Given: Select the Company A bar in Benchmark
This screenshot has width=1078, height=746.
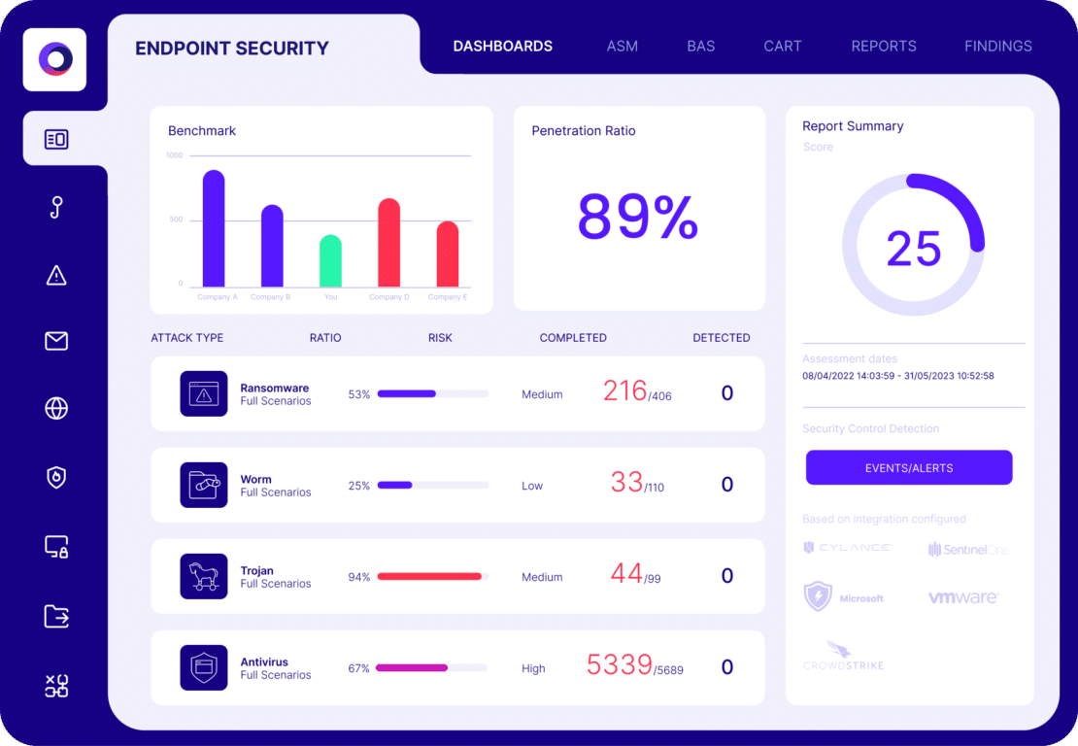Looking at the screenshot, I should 214,229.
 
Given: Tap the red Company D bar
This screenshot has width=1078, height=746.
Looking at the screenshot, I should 388,243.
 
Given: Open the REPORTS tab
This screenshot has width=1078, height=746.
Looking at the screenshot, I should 883,46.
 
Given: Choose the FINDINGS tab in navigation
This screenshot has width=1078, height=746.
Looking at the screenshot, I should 997,46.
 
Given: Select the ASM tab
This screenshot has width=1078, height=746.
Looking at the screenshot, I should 622,46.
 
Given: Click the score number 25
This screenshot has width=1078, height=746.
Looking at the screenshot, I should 913,249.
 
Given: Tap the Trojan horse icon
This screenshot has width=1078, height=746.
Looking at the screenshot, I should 204,576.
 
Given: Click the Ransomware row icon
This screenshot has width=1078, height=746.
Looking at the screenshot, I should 204,393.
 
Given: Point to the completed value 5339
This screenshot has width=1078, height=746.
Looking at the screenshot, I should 619,665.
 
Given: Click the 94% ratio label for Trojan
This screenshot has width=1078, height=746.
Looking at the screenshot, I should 358,577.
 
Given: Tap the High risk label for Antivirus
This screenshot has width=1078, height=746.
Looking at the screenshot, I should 533,668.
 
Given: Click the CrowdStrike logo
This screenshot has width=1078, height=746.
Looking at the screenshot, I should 843,656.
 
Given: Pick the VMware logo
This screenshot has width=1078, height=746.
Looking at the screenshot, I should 962,598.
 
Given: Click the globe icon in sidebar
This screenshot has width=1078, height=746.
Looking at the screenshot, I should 56,409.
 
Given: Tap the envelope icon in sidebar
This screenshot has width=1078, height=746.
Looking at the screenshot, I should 56,341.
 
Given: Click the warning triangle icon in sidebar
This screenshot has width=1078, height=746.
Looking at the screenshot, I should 56,275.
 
